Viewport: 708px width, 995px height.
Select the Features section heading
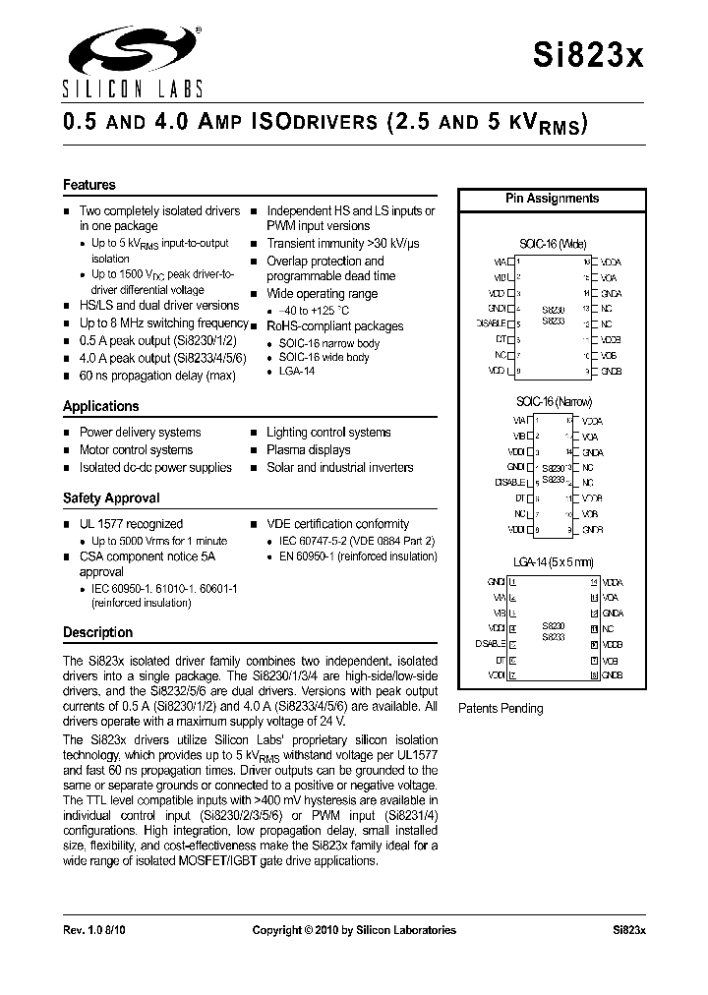89,185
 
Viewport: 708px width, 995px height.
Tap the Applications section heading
101,406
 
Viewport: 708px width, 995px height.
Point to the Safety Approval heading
111,498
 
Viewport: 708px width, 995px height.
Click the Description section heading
97,632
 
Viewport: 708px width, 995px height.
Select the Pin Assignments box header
552,199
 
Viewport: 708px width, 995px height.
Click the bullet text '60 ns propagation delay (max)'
157,376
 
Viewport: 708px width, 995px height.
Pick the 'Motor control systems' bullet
136,449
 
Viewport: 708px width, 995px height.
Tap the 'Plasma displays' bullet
308,449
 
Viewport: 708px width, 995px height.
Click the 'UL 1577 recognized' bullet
131,524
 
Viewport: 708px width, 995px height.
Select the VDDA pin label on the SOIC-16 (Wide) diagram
611,263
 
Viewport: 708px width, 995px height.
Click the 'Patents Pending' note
501,708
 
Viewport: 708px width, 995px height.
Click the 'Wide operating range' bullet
322,294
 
